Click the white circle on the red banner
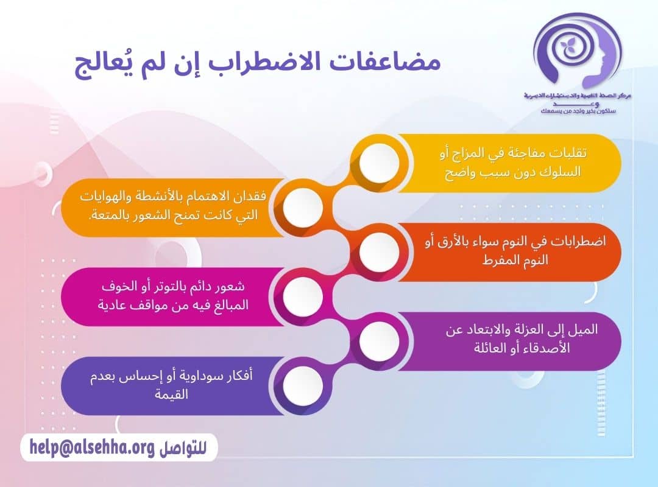(380, 252)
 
